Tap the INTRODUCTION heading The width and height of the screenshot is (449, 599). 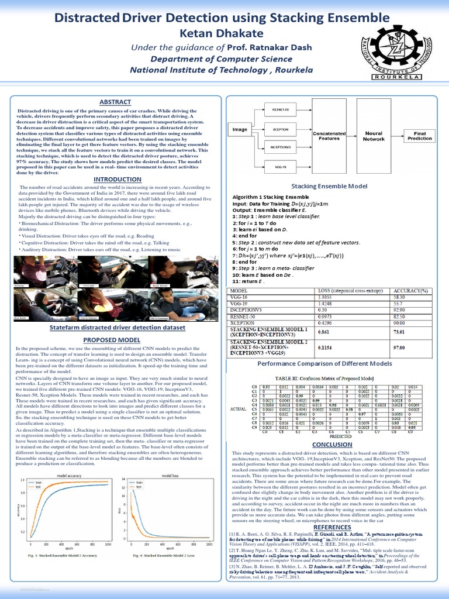pyautogui.click(x=115, y=179)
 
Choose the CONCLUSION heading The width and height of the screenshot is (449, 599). pyautogui.click(x=332, y=444)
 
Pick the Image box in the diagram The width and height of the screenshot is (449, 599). pyautogui.click(x=240, y=129)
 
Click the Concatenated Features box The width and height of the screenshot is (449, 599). pyautogui.click(x=329, y=136)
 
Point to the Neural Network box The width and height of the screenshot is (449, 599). pyautogui.click(x=374, y=136)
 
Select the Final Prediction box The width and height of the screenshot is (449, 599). pyautogui.click(x=419, y=136)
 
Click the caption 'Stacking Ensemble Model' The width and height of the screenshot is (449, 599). pyautogui.click(x=332, y=186)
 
